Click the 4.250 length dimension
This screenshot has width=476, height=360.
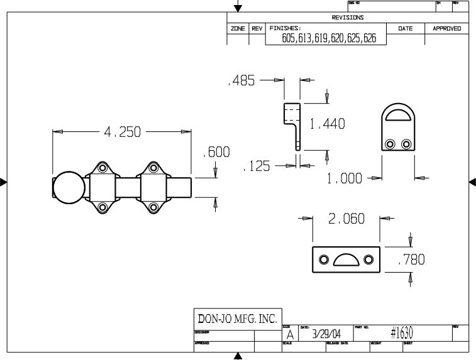(x=123, y=133)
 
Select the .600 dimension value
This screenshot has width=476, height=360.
(x=216, y=153)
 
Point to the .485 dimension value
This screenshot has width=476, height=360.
(x=241, y=82)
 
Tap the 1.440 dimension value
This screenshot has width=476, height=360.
(x=327, y=124)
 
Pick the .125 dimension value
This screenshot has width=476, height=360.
(x=257, y=166)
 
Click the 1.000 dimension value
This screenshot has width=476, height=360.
(x=345, y=178)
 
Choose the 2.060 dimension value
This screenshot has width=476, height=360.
(x=346, y=219)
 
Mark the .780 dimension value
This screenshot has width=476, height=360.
(x=411, y=259)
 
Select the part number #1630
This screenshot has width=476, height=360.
(x=401, y=333)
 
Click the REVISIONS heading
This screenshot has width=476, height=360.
(x=348, y=18)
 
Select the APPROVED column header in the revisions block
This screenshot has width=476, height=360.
(x=446, y=28)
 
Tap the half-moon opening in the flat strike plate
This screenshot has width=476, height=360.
(x=345, y=259)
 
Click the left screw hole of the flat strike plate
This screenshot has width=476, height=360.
(x=324, y=259)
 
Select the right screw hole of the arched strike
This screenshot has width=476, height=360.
(x=406, y=145)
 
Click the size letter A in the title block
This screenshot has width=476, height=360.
(x=289, y=335)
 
